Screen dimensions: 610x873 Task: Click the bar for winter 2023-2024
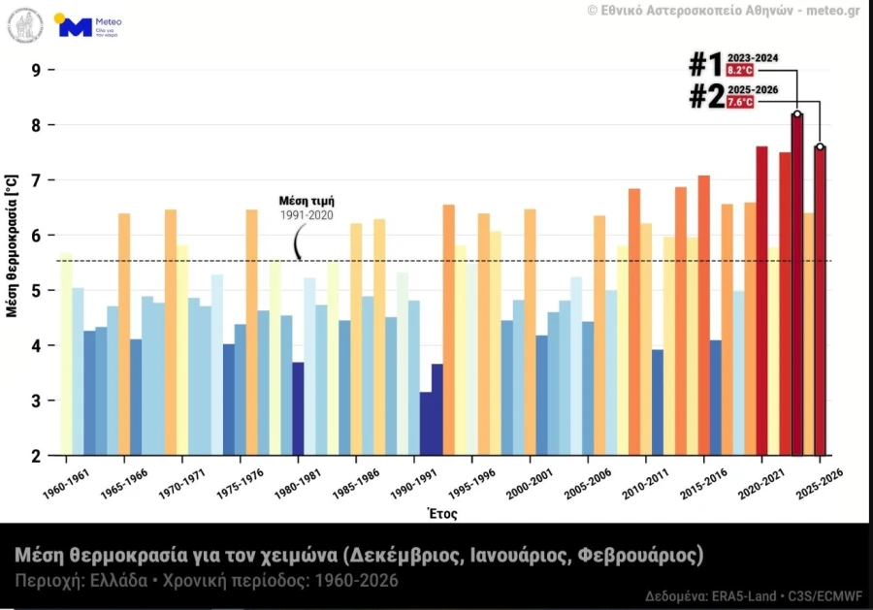click(797, 291)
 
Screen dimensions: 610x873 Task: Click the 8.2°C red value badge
click(739, 71)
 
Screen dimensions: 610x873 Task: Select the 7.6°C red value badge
click(739, 102)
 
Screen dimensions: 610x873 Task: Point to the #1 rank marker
click(705, 65)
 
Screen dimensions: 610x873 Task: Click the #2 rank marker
click(705, 96)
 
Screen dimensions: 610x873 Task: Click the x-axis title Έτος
click(441, 514)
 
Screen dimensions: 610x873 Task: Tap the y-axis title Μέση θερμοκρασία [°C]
click(12, 246)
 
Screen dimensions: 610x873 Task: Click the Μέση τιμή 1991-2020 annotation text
click(307, 208)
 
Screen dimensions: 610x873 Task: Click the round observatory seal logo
click(25, 25)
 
